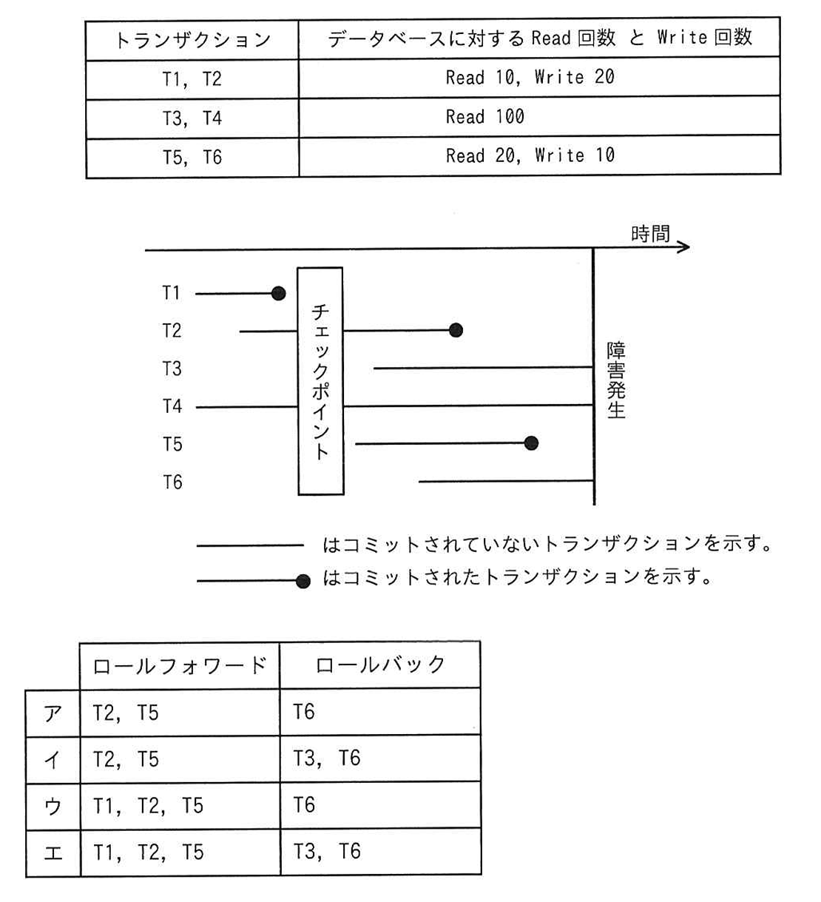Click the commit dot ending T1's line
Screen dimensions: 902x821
278,294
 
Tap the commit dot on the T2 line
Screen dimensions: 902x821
456,330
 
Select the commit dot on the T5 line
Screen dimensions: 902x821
531,443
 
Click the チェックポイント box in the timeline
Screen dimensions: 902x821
320,380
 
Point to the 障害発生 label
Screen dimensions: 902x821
616,380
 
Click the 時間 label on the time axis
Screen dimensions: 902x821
650,235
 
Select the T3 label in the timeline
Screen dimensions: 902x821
172,368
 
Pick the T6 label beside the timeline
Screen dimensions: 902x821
172,482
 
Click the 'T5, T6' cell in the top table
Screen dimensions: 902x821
192,158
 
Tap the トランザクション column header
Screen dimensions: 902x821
192,40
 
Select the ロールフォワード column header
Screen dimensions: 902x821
179,665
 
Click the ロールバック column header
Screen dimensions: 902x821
380,664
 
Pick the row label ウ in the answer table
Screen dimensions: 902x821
53,806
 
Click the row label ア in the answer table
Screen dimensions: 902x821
53,713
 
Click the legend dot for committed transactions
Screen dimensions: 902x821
303,581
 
